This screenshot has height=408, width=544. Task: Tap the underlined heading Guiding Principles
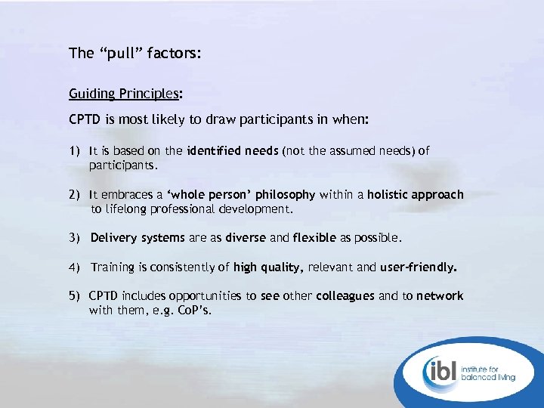coord(124,94)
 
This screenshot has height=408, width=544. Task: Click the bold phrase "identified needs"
coord(235,151)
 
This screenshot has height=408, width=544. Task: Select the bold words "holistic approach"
coord(416,195)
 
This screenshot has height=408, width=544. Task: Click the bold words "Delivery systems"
coord(138,238)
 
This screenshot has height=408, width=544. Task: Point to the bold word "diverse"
coord(246,238)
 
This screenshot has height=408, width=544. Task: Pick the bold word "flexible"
coord(314,238)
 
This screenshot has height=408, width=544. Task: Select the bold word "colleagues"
coord(345,296)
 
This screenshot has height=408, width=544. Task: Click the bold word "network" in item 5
coord(440,296)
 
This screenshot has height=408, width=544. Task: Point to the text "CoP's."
coord(194,310)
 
